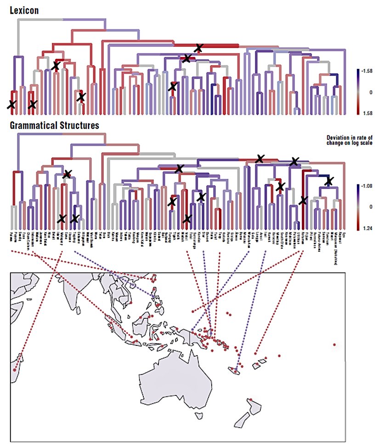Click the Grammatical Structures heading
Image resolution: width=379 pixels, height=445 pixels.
pyautogui.click(x=53, y=124)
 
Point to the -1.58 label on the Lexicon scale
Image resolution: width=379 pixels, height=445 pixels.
pyautogui.click(x=368, y=71)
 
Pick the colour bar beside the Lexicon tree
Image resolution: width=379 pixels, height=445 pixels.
pyautogui.click(x=357, y=92)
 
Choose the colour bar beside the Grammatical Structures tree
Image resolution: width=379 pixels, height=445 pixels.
pyautogui.click(x=357, y=206)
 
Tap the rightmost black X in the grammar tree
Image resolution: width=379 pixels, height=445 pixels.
pyautogui.click(x=329, y=181)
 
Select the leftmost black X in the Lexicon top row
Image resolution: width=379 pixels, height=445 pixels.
pyautogui.click(x=56, y=66)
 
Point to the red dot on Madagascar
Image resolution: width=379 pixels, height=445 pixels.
pyautogui.click(x=15, y=369)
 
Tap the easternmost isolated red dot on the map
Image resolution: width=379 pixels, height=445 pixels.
pyautogui.click(x=335, y=344)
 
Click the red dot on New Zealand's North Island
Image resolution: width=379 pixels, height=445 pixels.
pyautogui.click(x=250, y=399)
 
